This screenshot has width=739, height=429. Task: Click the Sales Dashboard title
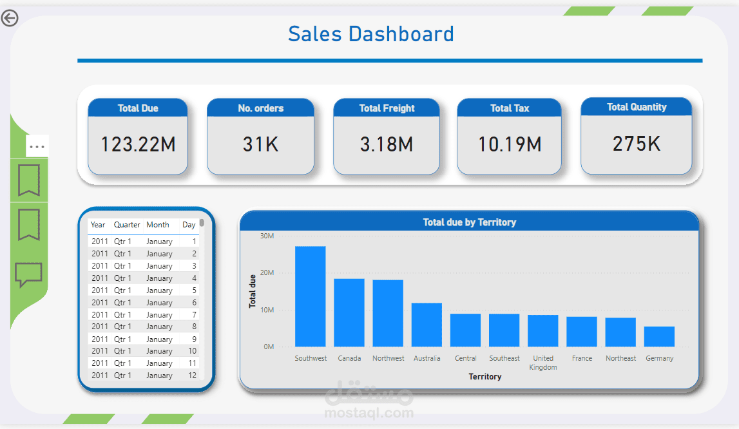click(x=370, y=34)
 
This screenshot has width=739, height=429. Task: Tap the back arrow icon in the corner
click(x=10, y=18)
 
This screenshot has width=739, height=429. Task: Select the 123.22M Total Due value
click(x=138, y=144)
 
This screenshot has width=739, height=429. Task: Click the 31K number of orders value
click(x=260, y=144)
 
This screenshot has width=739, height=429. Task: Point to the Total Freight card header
click(x=387, y=108)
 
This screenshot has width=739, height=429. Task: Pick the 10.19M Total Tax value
click(x=509, y=144)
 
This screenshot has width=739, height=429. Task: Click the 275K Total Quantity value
click(x=636, y=144)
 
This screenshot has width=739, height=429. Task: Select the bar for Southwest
click(x=310, y=296)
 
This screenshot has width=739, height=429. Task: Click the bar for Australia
click(x=427, y=325)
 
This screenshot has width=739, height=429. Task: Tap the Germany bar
click(x=659, y=336)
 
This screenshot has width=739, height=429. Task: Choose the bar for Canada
click(x=349, y=312)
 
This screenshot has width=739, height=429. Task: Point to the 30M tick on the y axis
click(x=267, y=236)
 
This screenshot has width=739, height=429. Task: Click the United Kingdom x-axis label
click(x=543, y=363)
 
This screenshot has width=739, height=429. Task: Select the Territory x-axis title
click(x=485, y=376)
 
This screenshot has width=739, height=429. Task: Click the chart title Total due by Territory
click(x=469, y=222)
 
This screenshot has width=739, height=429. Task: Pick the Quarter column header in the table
click(x=127, y=225)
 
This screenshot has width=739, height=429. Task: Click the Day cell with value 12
click(x=192, y=376)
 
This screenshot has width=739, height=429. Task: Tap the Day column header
click(x=189, y=225)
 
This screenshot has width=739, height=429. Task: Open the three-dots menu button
click(x=37, y=147)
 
